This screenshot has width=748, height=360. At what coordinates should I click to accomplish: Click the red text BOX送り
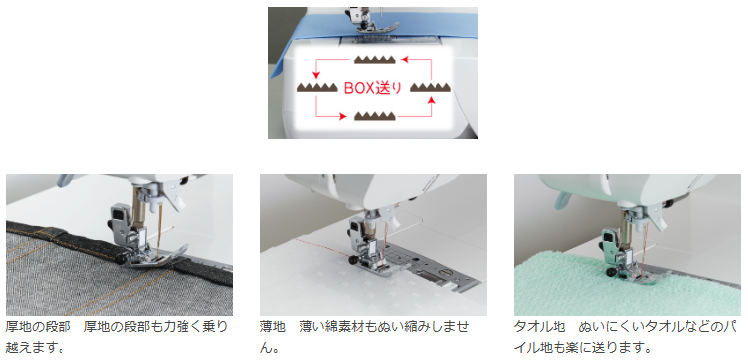click(373, 88)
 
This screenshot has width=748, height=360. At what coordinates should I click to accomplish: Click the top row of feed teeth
click(374, 60)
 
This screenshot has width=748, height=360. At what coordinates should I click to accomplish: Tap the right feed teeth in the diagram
click(431, 87)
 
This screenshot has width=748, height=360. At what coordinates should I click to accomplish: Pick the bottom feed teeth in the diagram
click(374, 116)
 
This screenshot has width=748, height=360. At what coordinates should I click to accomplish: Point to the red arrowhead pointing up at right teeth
click(432, 99)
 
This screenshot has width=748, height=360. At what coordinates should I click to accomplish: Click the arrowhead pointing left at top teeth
click(404, 60)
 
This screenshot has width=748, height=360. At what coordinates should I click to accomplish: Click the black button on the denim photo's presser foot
click(121, 258)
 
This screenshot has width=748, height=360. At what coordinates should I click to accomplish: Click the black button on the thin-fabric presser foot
click(353, 260)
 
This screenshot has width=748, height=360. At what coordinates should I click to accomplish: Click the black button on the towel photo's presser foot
click(611, 273)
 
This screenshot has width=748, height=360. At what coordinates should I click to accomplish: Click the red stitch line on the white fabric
click(324, 248)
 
